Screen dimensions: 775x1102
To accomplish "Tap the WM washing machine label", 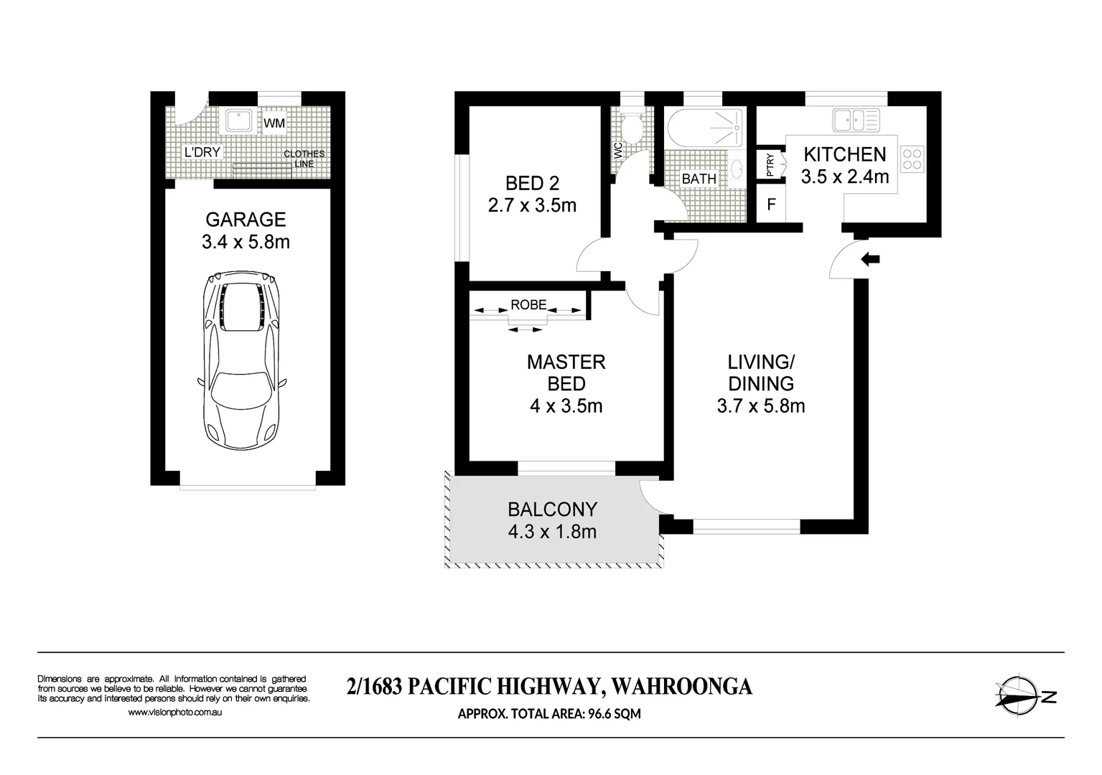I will coord(274,123).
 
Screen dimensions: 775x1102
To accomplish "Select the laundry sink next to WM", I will coord(237,121).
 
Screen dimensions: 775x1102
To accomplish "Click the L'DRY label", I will coord(202,152).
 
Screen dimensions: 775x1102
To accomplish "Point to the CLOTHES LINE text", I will coord(304,159).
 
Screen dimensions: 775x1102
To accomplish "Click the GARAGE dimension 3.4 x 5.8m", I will coord(246,242).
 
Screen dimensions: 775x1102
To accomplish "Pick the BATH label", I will coord(699,179).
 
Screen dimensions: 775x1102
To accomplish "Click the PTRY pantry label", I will coord(770,165).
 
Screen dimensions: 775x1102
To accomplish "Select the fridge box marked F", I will coord(771,205).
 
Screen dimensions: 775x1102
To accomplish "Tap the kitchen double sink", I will coord(856,120).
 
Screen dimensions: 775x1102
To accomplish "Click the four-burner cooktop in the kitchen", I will coord(912,159).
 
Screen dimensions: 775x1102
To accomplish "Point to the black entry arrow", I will coord(870,259).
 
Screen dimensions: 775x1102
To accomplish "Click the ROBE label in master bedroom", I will coord(528,304).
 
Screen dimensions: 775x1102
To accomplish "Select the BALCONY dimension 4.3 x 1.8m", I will coord(552,532).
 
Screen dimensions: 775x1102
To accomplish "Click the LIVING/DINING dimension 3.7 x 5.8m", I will coord(760,406).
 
